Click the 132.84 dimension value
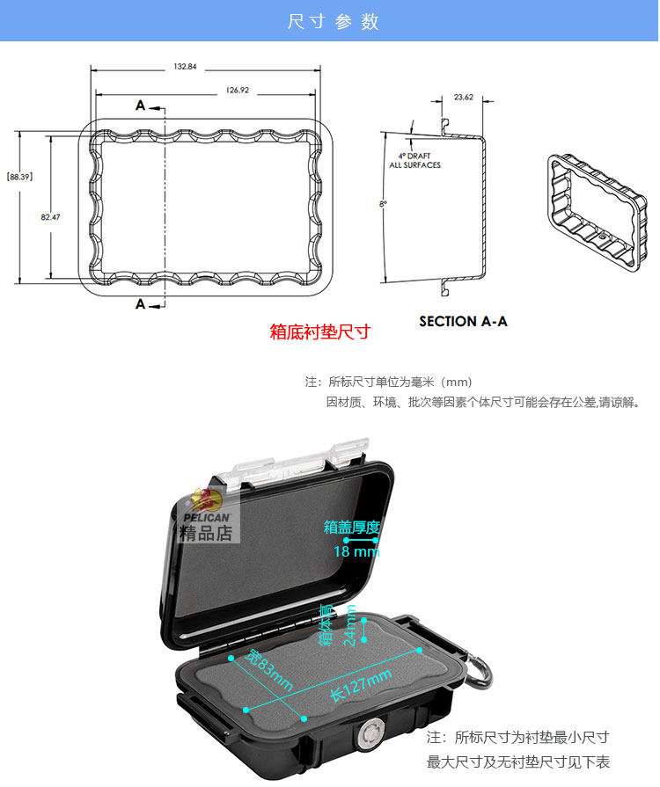[x=185, y=67]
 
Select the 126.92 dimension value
[x=238, y=90]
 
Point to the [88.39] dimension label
[x=19, y=177]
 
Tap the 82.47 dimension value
[x=50, y=217]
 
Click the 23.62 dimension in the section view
[x=464, y=97]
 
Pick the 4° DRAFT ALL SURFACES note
[x=414, y=160]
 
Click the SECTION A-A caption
[x=463, y=321]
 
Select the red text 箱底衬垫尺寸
[x=319, y=332]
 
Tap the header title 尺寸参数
[x=333, y=21]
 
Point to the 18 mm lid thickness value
[x=356, y=551]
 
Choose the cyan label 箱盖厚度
[x=352, y=528]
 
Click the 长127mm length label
[x=360, y=682]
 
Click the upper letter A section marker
[x=141, y=106]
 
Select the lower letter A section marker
[x=141, y=304]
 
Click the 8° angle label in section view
[x=383, y=204]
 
